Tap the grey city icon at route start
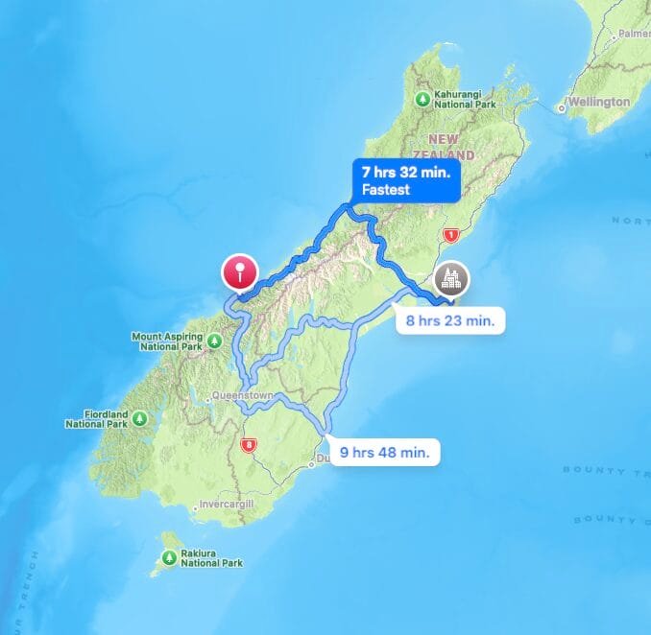pyautogui.click(x=451, y=279)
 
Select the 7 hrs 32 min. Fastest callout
pyautogui.click(x=404, y=179)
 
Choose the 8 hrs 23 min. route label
pyautogui.click(x=450, y=320)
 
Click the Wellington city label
pyautogui.click(x=598, y=102)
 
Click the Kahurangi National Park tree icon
pyautogui.click(x=422, y=99)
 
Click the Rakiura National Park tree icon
pyautogui.click(x=170, y=557)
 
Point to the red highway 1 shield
pyautogui.click(x=447, y=236)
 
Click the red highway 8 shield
pyautogui.click(x=250, y=445)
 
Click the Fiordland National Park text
pyautogui.click(x=97, y=419)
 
